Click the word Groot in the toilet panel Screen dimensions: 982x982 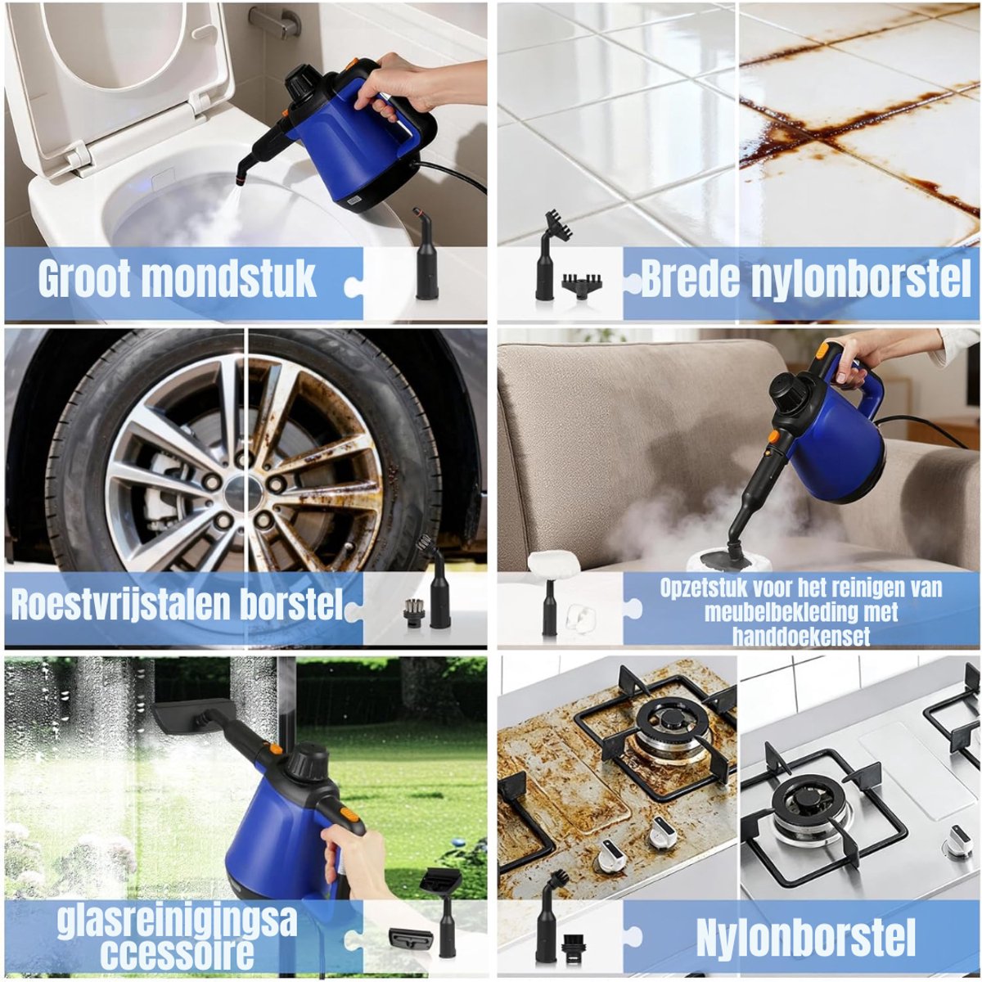tap(84, 278)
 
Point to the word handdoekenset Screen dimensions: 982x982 tap(801, 637)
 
